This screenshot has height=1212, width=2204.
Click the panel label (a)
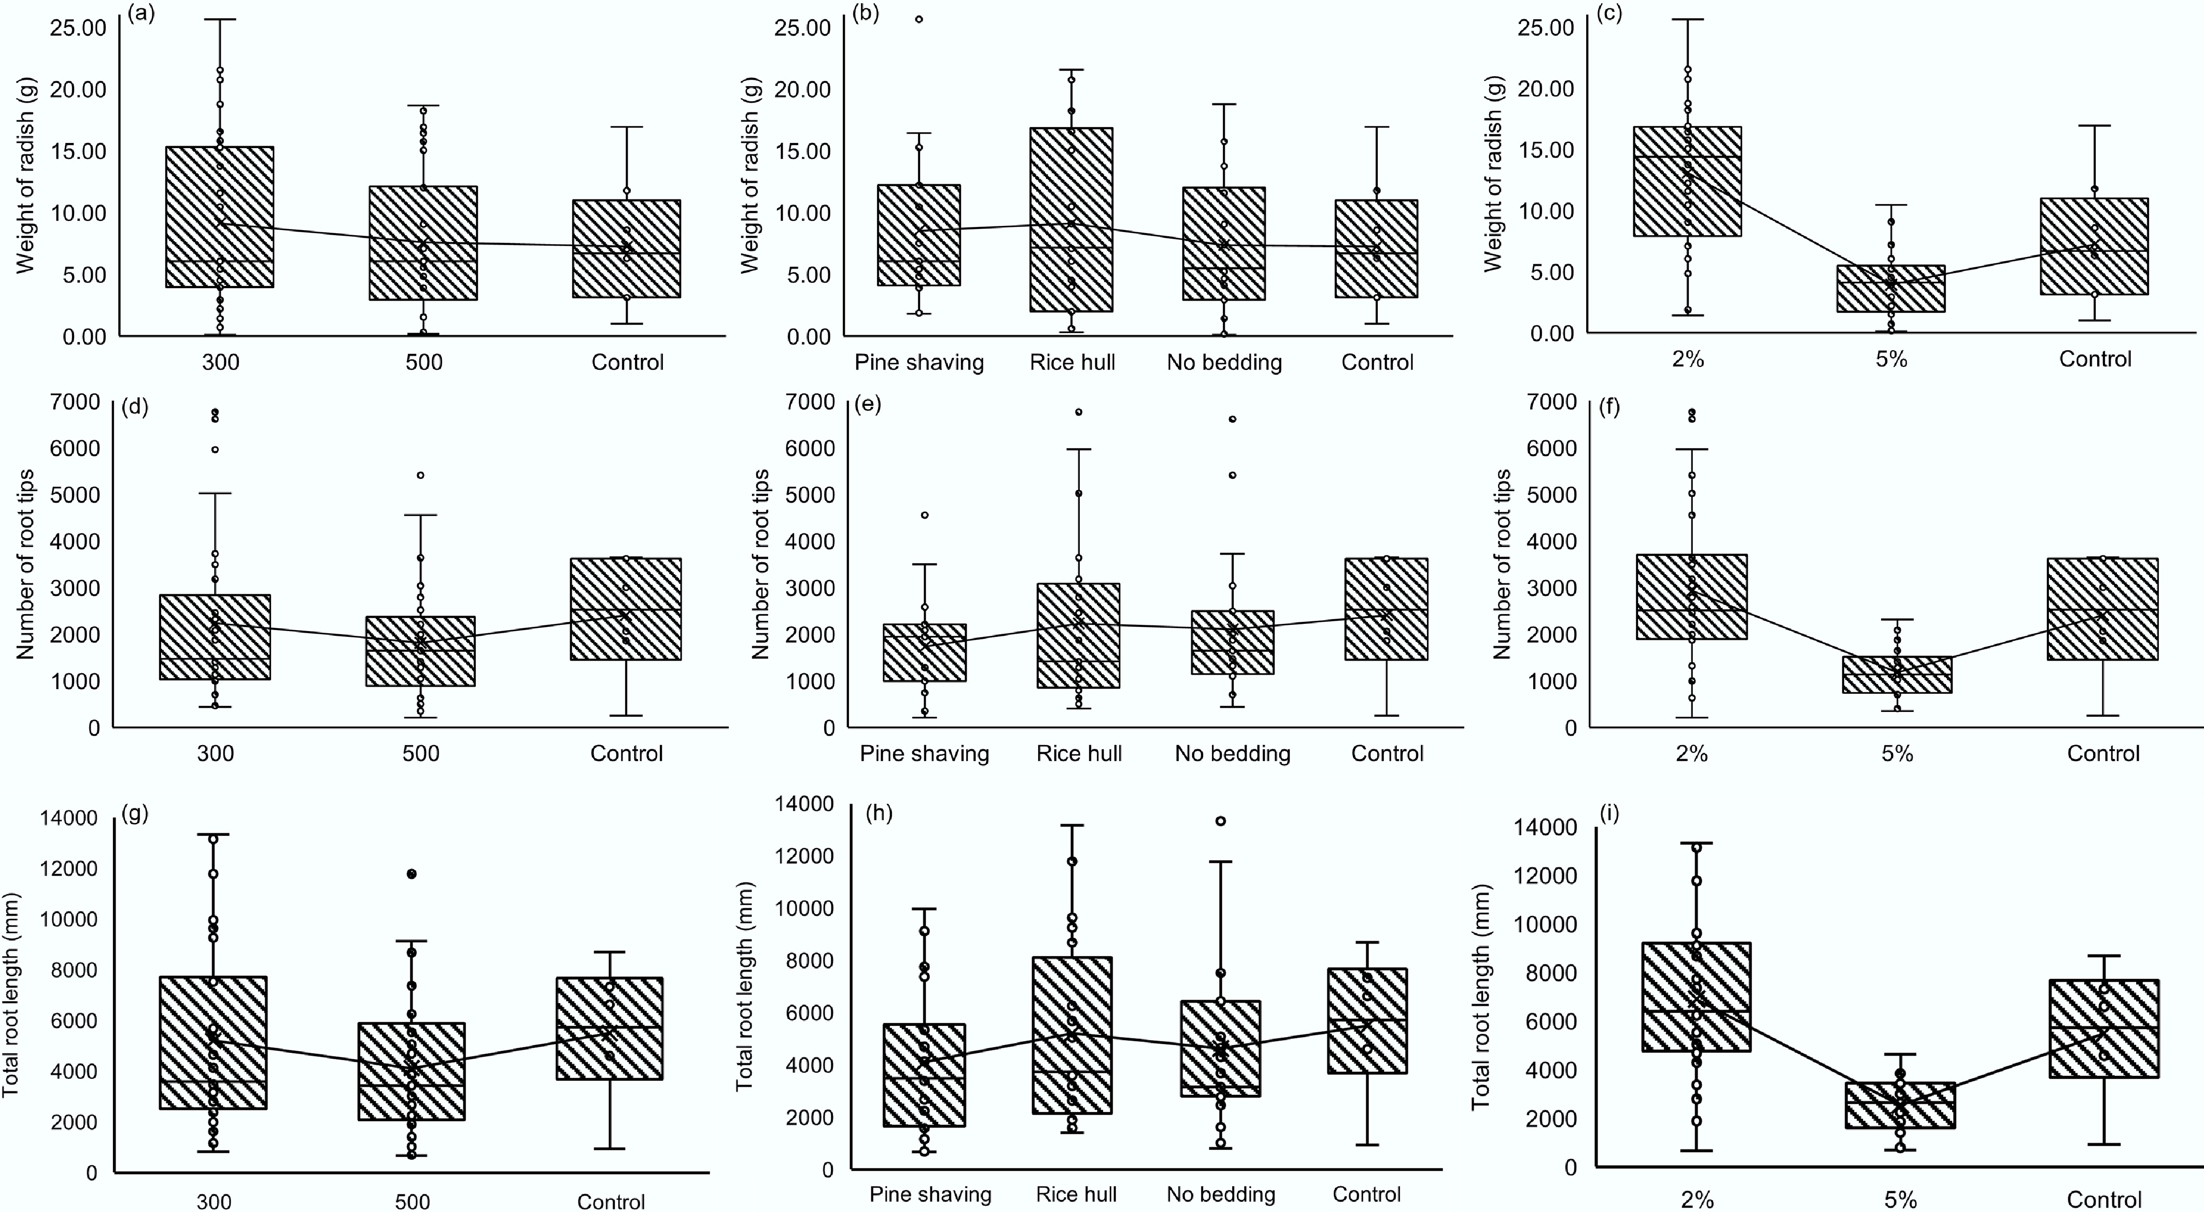click(x=141, y=15)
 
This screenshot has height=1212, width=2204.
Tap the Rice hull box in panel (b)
click(x=1071, y=219)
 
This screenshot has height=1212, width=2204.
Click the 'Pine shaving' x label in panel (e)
click(x=924, y=753)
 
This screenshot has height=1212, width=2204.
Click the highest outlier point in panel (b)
click(x=920, y=19)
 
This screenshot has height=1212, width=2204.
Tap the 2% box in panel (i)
click(x=1696, y=996)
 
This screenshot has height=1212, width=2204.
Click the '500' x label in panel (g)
click(x=412, y=1201)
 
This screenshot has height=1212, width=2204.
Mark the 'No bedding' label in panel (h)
click(x=1221, y=1194)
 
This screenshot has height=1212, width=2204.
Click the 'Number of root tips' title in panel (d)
click(x=26, y=564)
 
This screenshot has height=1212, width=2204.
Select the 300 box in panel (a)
click(x=220, y=217)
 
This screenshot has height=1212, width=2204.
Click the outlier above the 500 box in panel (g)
click(x=412, y=874)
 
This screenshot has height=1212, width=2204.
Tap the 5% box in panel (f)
click(x=1897, y=674)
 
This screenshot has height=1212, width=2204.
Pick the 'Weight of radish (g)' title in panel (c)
click(x=1493, y=174)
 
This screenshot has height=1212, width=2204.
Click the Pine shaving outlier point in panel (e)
click(x=924, y=515)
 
